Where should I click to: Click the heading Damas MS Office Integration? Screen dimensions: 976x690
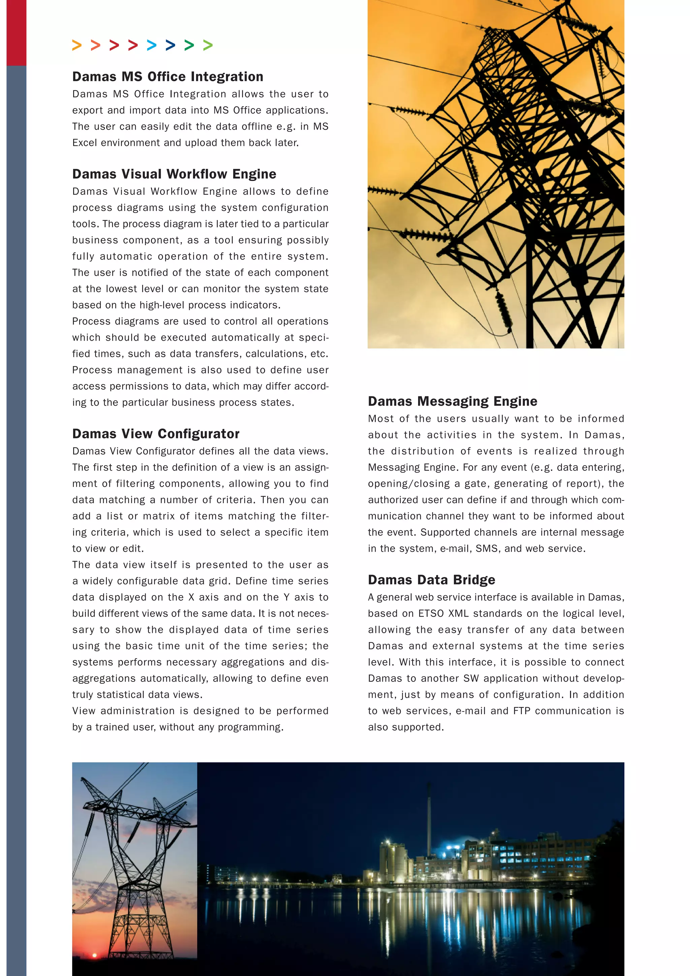tap(167, 77)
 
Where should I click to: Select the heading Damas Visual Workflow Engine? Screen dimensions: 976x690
tap(174, 174)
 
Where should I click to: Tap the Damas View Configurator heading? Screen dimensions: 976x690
tap(156, 434)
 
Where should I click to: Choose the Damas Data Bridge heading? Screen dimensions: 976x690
tap(431, 580)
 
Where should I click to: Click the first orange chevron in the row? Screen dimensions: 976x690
tap(77, 45)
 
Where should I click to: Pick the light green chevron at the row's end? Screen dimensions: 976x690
tap(208, 45)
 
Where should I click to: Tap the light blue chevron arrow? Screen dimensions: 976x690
tap(152, 45)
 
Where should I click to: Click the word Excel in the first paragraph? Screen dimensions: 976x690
tap(85, 143)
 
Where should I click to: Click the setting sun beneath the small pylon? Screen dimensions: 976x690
tap(94, 955)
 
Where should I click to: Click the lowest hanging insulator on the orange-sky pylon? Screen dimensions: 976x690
tap(504, 310)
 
